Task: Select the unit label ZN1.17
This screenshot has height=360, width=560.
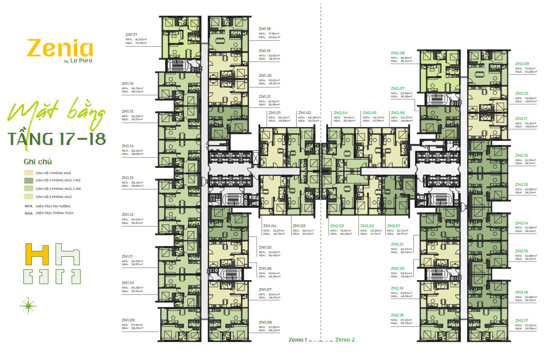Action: point(131,34)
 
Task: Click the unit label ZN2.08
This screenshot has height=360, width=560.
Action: point(398,53)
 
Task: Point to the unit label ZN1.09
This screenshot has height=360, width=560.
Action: point(127,320)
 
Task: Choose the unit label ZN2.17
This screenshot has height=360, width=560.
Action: point(522,320)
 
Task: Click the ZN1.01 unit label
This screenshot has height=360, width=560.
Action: point(274,113)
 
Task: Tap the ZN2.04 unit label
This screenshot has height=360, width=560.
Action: point(341,113)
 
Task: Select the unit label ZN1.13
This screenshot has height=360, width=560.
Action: point(127,178)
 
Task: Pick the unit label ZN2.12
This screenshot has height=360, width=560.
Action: point(522,155)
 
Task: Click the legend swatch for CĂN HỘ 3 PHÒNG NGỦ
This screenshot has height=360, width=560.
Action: point(29,197)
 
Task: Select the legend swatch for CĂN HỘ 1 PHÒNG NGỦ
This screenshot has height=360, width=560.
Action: point(29,173)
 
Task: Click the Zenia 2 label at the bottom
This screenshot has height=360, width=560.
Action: point(345,340)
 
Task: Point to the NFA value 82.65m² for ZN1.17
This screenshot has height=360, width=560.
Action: point(141,40)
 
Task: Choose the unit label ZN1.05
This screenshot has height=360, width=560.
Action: point(265,247)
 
